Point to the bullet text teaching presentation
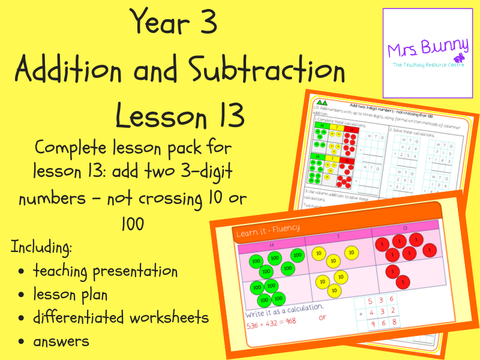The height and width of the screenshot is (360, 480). coord(105,271)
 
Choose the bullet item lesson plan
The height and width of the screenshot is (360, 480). coord(71,295)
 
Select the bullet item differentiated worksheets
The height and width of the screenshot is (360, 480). coord(121,317)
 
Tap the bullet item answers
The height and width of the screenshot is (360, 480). coord(61,341)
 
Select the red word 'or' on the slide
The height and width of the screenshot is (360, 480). coord(322,317)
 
